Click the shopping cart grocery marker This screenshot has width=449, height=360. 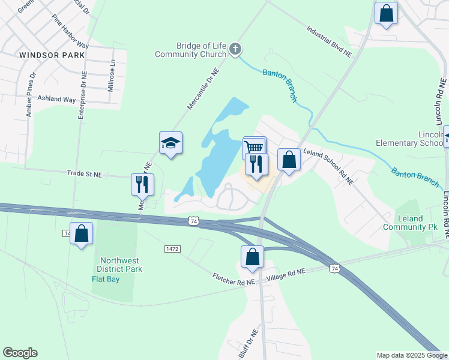coord(254,147)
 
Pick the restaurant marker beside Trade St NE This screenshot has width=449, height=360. coord(142,184)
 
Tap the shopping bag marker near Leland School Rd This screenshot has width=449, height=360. coord(289,160)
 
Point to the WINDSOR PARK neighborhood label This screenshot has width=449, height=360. coord(43,55)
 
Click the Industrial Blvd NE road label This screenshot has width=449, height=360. coord(329,41)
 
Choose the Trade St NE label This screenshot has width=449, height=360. coord(85,175)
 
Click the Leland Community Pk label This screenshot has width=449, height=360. coord(411,223)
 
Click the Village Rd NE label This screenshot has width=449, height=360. coord(286,272)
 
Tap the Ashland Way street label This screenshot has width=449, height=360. coord(57,98)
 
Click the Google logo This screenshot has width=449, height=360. coord(20,353)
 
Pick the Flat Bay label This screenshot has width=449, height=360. coord(105,279)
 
